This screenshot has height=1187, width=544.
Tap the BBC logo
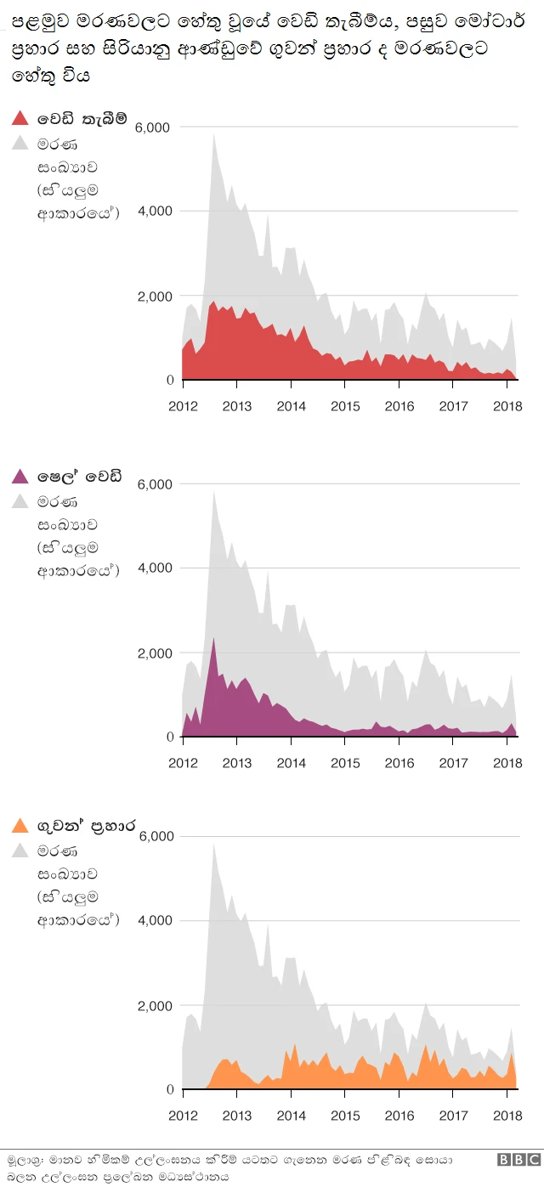coord(518,1160)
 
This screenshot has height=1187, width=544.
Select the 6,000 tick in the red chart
coord(154,127)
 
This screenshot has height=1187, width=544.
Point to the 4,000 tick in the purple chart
coord(154,568)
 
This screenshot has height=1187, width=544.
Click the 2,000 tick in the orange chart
coord(154,1006)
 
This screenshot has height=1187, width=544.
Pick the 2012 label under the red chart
coord(183,405)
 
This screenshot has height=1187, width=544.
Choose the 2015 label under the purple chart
coord(345,762)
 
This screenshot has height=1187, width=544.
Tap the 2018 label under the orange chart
coord(507,1115)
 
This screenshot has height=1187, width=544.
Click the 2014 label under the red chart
coord(291,405)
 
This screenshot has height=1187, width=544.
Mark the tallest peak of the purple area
coord(213,638)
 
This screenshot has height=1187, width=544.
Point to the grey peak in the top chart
coord(213,134)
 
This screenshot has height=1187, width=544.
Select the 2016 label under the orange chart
coord(399,1115)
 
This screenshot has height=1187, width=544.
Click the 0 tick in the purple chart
coord(169,737)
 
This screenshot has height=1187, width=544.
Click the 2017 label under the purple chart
coord(453,762)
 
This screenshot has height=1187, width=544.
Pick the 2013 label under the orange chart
coord(236,1115)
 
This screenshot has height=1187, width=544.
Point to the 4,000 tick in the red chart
coord(154,211)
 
